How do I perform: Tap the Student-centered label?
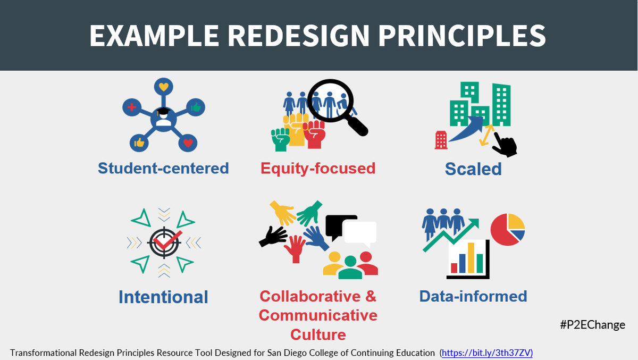click(x=163, y=169)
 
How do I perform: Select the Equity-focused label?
click(x=318, y=169)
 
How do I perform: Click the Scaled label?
click(x=473, y=169)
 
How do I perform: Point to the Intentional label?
click(x=163, y=297)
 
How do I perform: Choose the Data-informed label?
click(x=473, y=296)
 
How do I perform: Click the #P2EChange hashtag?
click(x=592, y=324)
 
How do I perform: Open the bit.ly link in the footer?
click(x=487, y=353)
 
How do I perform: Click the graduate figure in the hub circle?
click(x=163, y=119)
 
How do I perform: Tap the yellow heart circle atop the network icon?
click(x=163, y=87)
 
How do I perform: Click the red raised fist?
click(x=315, y=135)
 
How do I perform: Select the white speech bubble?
click(x=359, y=235)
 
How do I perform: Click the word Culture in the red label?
click(x=318, y=335)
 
